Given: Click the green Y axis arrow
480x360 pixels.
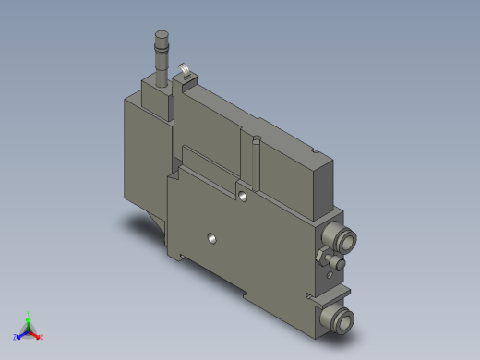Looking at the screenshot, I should pyautogui.click(x=29, y=320).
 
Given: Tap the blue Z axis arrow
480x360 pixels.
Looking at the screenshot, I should pyautogui.click(x=21, y=334).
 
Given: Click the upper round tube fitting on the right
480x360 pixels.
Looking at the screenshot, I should pyautogui.click(x=342, y=241).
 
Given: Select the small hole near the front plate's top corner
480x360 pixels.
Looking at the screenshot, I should pyautogui.click(x=242, y=196).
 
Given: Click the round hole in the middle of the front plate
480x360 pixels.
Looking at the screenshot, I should pyautogui.click(x=212, y=237).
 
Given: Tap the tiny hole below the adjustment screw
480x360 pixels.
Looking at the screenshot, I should pyautogui.click(x=331, y=276).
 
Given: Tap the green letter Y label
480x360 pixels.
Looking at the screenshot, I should pyautogui.click(x=30, y=313).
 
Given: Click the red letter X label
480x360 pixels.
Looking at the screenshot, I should pyautogui.click(x=42, y=338).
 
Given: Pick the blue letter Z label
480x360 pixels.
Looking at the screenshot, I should pyautogui.click(x=16, y=338).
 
